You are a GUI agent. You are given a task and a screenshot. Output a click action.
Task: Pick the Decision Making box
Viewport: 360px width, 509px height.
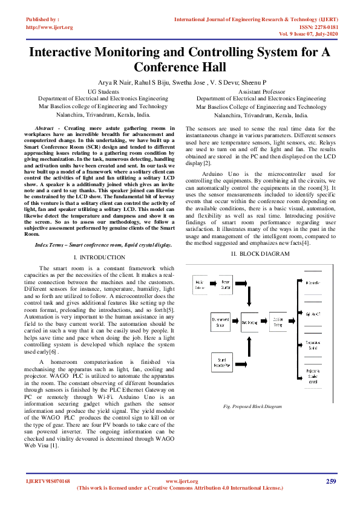(x=278, y=322)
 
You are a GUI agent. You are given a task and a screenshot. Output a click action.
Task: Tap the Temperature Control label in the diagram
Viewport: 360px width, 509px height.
(x=313, y=345)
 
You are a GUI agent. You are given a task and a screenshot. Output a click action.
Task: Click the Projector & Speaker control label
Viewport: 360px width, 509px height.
(x=313, y=377)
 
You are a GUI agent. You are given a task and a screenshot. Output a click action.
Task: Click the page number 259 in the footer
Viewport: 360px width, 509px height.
(x=330, y=481)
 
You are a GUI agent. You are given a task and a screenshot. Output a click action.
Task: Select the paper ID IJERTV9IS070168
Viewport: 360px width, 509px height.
(x=48, y=481)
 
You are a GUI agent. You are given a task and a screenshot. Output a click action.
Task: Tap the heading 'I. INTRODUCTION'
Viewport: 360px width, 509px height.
(x=99, y=257)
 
